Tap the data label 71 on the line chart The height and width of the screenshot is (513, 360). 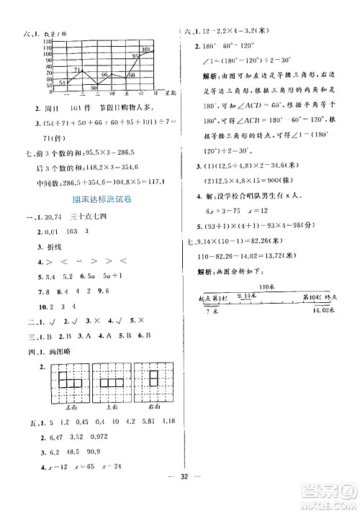pyautogui.click(x=63, y=70)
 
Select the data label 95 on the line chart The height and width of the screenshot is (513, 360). pyautogui.click(x=135, y=55)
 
